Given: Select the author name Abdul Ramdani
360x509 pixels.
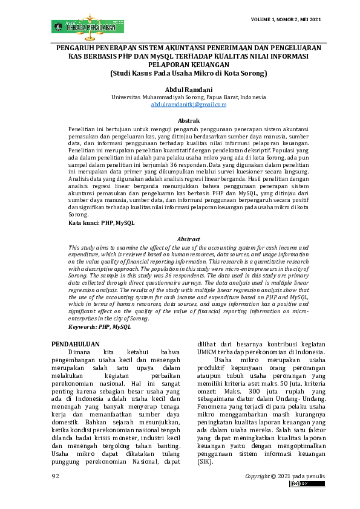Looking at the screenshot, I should (x=180, y=89).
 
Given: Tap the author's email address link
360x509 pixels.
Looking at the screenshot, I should (x=180, y=105).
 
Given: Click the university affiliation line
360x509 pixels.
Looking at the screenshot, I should (x=180, y=97).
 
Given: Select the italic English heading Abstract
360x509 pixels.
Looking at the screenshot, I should (x=188, y=240).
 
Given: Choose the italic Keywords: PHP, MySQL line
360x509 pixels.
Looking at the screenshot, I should (x=99, y=326).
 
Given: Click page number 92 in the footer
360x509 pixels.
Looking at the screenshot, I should (x=55, y=477).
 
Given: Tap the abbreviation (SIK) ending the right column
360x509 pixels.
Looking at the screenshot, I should (x=206, y=461).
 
